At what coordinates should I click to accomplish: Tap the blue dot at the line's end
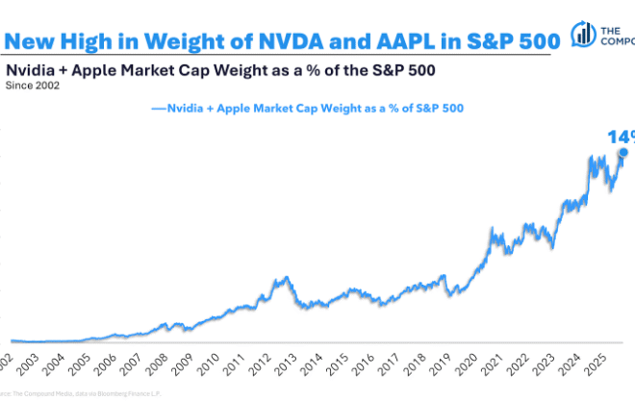pos(622,152)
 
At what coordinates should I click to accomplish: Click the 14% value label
pos(620,137)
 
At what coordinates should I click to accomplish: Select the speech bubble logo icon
pos(583,34)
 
